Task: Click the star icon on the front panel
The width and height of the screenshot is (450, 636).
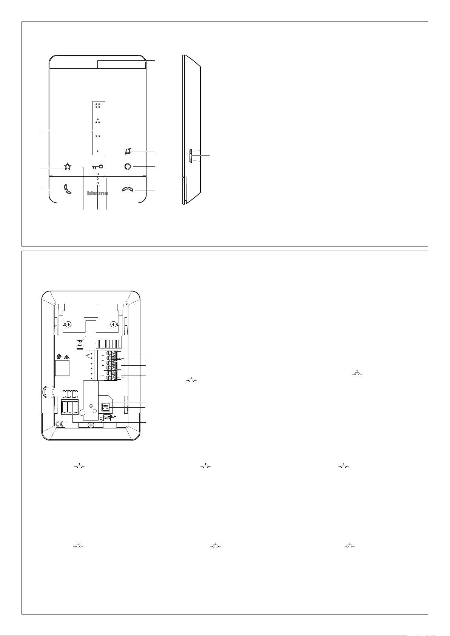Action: pyautogui.click(x=67, y=166)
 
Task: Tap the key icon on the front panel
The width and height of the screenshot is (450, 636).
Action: pyautogui.click(x=98, y=167)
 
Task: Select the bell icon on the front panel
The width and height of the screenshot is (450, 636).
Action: pyautogui.click(x=128, y=151)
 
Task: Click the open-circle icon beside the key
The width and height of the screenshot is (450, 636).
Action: pyautogui.click(x=128, y=167)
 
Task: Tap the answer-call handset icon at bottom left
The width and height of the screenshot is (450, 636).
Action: pyautogui.click(x=67, y=189)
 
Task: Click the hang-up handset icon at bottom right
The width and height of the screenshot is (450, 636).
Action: pyautogui.click(x=128, y=189)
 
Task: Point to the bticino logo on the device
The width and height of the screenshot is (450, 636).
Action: pyautogui.click(x=97, y=193)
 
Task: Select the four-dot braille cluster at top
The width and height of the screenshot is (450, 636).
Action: pyautogui.click(x=98, y=106)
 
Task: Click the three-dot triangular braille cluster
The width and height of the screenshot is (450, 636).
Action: pyautogui.click(x=98, y=121)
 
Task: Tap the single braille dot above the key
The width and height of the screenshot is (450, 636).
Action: pyautogui.click(x=98, y=151)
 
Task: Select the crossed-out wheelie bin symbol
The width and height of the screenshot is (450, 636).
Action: pyautogui.click(x=80, y=344)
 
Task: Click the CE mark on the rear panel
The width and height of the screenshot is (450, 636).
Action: pyautogui.click(x=59, y=425)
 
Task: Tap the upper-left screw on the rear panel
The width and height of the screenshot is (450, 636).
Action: pyautogui.click(x=68, y=324)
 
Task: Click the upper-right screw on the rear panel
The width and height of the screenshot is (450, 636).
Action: pyautogui.click(x=114, y=324)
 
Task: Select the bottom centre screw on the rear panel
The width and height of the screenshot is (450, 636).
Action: pyautogui.click(x=91, y=425)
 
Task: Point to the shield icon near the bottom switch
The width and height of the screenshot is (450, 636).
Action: pyautogui.click(x=101, y=419)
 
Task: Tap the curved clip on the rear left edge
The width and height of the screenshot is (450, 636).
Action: pyautogui.click(x=44, y=391)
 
